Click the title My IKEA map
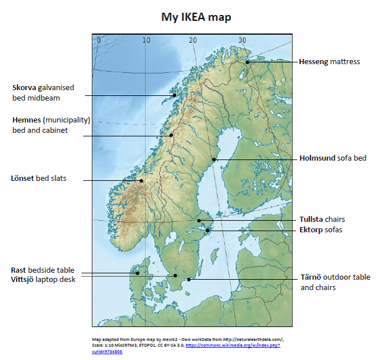(196, 17)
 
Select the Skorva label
(24, 87)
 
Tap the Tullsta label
(311, 220)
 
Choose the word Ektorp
(311, 229)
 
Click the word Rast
(20, 270)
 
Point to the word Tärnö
(311, 277)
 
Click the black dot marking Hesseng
(247, 62)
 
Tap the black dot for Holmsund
(214, 159)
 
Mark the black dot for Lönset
(141, 180)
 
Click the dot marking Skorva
(174, 95)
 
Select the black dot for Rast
(137, 273)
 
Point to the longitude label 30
(242, 40)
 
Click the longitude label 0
(99, 40)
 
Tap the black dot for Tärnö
(189, 280)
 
